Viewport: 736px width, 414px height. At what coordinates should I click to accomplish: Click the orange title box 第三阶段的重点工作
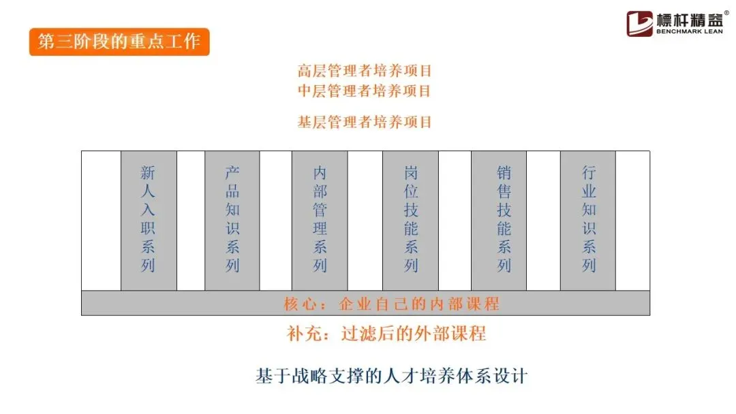(119, 42)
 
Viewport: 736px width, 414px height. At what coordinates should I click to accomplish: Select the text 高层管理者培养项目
(365, 71)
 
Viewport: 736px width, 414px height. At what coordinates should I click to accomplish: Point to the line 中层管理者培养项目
(365, 91)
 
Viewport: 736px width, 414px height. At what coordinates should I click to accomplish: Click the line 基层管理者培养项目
(365, 123)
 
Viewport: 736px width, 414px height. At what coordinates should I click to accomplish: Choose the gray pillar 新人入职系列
(149, 221)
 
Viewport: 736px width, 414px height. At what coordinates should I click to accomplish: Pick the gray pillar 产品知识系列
(232, 221)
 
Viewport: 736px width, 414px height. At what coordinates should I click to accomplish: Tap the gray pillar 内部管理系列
(320, 221)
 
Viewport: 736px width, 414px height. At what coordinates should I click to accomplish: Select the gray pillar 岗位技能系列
(410, 221)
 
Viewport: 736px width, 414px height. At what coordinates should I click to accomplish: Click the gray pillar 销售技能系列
(504, 221)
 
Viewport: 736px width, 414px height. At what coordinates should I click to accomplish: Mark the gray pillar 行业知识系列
(588, 221)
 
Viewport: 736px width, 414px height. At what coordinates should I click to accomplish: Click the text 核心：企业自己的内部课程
(391, 304)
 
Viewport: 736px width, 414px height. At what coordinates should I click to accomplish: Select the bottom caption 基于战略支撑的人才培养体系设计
(392, 376)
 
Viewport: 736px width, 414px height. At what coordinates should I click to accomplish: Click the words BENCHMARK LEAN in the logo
(688, 31)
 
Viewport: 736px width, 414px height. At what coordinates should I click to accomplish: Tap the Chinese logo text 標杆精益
(688, 18)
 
